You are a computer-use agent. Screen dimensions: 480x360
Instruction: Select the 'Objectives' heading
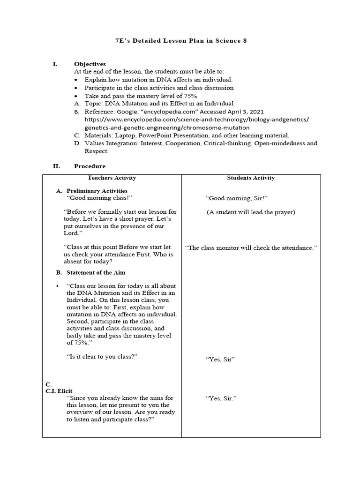click(x=90, y=64)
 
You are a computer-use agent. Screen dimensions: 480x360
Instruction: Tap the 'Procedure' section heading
click(x=90, y=166)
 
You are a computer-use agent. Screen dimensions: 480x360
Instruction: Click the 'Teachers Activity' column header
click(x=112, y=178)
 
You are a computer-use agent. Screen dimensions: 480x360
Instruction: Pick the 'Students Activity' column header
click(x=251, y=178)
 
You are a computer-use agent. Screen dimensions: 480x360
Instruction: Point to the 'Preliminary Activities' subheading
click(x=97, y=191)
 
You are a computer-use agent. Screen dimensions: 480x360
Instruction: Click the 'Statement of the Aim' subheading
click(x=96, y=272)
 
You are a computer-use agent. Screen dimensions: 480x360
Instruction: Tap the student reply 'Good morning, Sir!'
click(x=237, y=198)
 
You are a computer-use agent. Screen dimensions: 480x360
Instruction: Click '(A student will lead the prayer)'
click(x=251, y=212)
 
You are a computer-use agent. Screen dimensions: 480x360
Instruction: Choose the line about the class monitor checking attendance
click(x=251, y=247)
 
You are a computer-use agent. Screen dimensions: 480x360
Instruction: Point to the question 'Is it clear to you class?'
click(x=102, y=357)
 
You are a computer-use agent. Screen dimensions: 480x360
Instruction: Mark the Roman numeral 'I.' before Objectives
click(x=55, y=64)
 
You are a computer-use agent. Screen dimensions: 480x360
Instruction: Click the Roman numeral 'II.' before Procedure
click(x=56, y=166)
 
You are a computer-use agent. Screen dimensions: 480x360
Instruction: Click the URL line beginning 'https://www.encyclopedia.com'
click(x=197, y=120)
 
